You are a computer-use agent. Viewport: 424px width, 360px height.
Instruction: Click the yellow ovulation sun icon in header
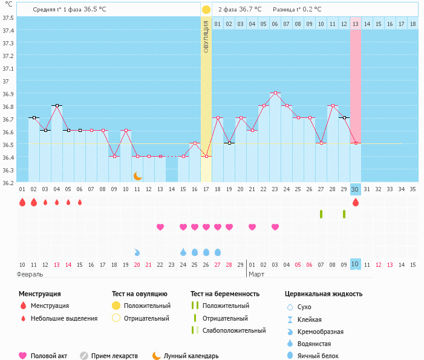(x=206, y=10)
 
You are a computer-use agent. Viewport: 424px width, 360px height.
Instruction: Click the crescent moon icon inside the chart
(x=137, y=175)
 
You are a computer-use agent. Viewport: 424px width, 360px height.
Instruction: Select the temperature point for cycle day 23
(x=275, y=93)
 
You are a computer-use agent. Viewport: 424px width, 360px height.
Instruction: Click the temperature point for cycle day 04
(x=57, y=106)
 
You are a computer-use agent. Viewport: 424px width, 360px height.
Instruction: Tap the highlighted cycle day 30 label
(x=356, y=189)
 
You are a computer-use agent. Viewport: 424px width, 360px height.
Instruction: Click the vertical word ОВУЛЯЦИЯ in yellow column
(x=206, y=36)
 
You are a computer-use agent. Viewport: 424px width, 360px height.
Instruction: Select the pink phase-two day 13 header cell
(x=356, y=24)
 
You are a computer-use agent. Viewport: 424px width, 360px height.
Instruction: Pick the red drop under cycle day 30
(x=356, y=203)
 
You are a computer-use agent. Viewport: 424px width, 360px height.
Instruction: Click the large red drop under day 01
(x=22, y=203)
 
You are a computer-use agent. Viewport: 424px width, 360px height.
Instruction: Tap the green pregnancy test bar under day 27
(x=321, y=214)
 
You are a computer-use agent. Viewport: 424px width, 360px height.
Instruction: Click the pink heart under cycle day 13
(x=160, y=227)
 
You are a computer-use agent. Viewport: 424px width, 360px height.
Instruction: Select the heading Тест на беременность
(x=225, y=294)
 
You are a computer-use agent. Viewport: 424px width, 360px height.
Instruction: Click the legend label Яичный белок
(x=319, y=356)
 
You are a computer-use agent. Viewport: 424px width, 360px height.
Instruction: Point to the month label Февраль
(x=30, y=274)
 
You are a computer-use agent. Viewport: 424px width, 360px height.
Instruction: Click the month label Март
(x=257, y=274)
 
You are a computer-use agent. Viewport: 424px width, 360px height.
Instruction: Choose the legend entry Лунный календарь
(x=193, y=356)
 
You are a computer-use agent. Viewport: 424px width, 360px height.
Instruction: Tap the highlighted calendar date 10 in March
(x=356, y=264)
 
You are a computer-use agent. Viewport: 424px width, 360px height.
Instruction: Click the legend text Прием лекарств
(x=114, y=356)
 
